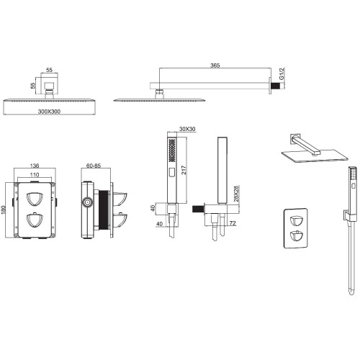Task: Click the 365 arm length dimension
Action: coord(215,66)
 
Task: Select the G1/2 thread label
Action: coord(282,74)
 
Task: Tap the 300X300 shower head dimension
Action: coord(49,112)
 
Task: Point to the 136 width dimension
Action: coord(35,166)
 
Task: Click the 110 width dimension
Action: coord(35,175)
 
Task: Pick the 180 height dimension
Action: coord(4,210)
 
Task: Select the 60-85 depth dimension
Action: coord(94,166)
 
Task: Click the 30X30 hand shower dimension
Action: coord(187,129)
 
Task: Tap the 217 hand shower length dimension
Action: coord(184,170)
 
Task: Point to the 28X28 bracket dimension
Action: coord(236,194)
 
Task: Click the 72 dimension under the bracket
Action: coord(233,223)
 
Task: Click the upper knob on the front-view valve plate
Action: coord(35,199)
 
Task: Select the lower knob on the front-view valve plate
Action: coord(35,220)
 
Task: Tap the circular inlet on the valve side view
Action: coord(87,202)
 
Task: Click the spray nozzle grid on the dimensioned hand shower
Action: coord(172,150)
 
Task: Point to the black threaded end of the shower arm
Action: coord(276,86)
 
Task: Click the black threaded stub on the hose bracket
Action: coord(198,209)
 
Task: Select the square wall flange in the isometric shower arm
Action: coord(294,139)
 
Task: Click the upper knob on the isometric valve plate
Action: coord(296,221)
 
